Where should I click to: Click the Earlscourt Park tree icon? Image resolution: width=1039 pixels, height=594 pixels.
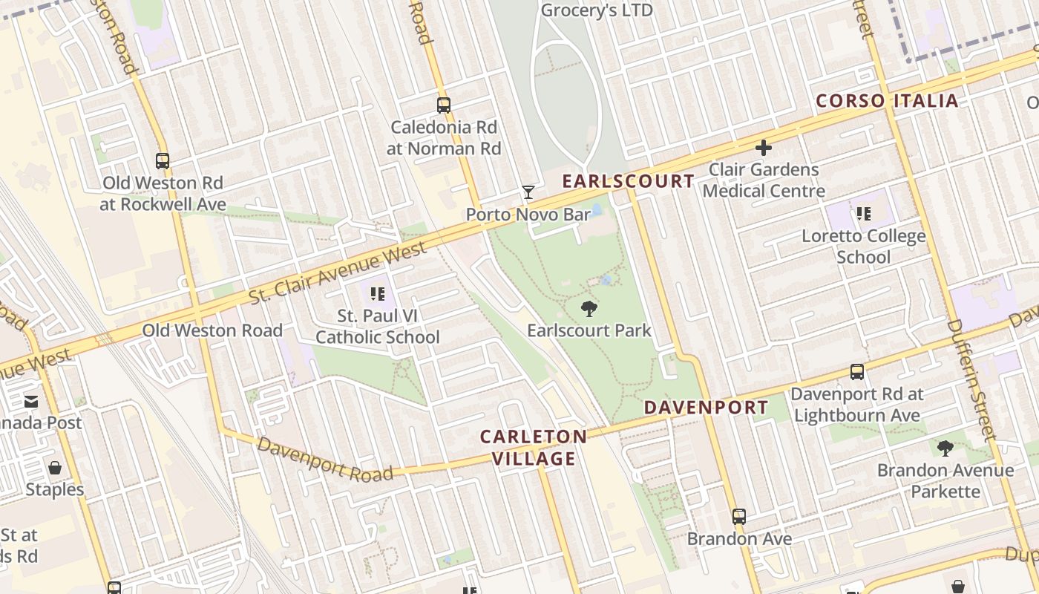(589, 308)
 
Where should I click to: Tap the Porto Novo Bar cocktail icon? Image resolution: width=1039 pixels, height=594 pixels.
(528, 193)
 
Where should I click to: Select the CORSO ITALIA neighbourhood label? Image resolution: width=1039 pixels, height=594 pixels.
(887, 101)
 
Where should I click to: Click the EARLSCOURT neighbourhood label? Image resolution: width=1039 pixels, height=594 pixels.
(628, 181)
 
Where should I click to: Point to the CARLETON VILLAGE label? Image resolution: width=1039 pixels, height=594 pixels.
(534, 448)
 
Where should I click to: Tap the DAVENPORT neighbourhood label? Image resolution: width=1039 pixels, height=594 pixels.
(706, 408)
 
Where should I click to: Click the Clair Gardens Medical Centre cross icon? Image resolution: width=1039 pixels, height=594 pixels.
(763, 148)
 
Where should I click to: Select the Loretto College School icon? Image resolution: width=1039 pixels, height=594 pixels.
(863, 215)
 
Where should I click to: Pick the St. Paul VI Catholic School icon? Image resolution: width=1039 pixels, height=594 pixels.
(378, 294)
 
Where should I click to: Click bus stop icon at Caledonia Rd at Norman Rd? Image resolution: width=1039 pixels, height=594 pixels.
(444, 105)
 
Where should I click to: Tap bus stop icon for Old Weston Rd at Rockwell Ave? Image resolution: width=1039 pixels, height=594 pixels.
(162, 160)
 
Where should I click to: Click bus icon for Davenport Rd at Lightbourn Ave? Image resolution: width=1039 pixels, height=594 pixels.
(856, 372)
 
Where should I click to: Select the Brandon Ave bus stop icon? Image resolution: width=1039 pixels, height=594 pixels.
(738, 517)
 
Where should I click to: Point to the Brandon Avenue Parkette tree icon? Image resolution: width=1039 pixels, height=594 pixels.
(945, 448)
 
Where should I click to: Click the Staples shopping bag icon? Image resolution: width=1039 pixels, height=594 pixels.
(54, 468)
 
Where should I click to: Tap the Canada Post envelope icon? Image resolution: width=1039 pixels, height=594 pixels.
(31, 402)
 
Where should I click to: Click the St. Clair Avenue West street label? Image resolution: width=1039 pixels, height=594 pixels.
(338, 273)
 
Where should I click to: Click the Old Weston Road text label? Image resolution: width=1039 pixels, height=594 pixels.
(212, 330)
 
